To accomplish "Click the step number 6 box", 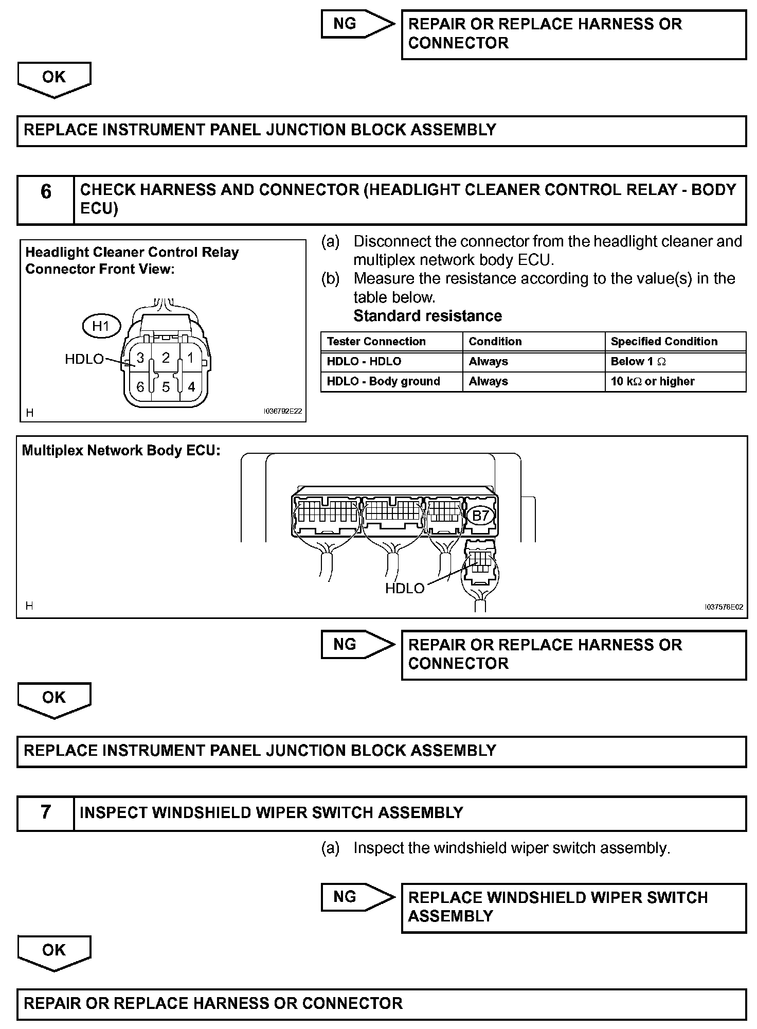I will [x=46, y=200].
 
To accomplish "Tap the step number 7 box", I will [x=46, y=813].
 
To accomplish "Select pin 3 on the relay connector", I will [x=140, y=358].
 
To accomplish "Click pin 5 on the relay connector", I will [x=166, y=387].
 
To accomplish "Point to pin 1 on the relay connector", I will [x=190, y=358].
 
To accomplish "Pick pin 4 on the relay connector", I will [x=191, y=387].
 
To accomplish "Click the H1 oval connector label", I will [x=101, y=326].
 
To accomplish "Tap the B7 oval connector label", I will [x=480, y=516].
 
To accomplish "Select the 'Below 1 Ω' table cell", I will [x=675, y=362].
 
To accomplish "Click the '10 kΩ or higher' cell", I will [x=675, y=381].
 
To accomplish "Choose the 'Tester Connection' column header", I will [x=391, y=342].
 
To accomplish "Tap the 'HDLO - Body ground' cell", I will [x=391, y=381].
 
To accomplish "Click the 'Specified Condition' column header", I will [x=675, y=342].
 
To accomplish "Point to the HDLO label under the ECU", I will [x=405, y=588].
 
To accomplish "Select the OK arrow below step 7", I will [x=54, y=952].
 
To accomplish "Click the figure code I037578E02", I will [x=724, y=607].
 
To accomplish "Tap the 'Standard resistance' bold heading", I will [x=427, y=316].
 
